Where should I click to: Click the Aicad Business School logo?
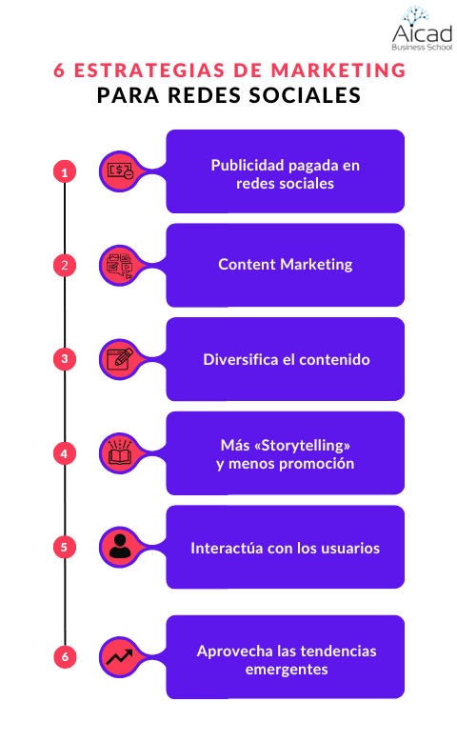click(422, 29)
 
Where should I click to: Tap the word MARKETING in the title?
click(338, 70)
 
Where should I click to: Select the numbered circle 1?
click(65, 171)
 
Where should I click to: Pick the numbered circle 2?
click(65, 265)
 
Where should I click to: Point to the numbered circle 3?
click(65, 359)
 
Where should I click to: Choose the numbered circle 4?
click(65, 453)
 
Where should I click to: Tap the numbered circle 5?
click(65, 547)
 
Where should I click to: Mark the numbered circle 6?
click(65, 656)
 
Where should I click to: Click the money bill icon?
click(120, 170)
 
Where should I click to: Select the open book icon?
click(120, 452)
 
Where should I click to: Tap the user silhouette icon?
click(120, 546)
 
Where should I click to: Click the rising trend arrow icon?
click(119, 656)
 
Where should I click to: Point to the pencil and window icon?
click(120, 359)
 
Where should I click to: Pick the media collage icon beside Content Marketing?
click(120, 266)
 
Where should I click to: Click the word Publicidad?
click(248, 165)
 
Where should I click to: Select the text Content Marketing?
click(286, 264)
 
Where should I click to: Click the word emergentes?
click(287, 669)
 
